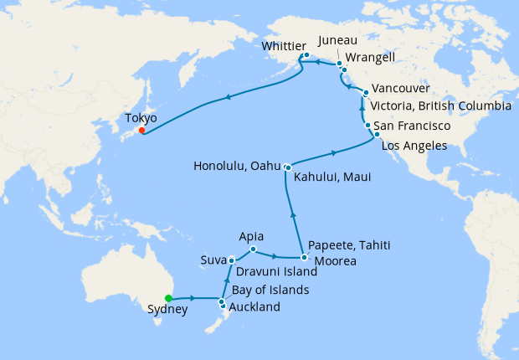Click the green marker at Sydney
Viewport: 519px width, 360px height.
[168, 298]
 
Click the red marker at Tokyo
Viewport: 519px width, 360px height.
[142, 130]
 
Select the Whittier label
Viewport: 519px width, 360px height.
[284, 46]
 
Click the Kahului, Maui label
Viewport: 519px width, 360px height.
[332, 177]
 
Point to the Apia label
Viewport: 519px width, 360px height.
[252, 236]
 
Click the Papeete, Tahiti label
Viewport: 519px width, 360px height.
[350, 245]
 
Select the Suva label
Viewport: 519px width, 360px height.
[213, 260]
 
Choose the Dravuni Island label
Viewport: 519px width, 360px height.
[276, 272]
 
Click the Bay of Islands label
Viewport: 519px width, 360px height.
[270, 290]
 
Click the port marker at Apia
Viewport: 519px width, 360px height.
[253, 249]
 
